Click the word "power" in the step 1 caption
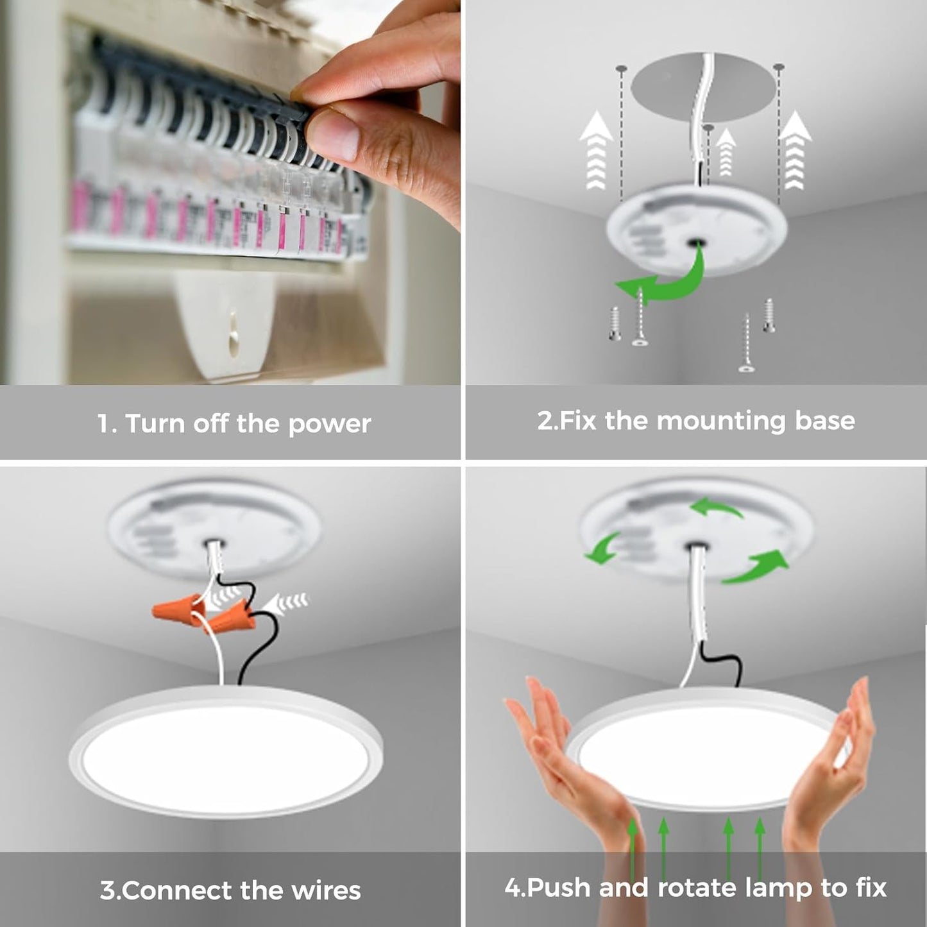pyautogui.click(x=329, y=425)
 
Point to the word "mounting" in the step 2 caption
pyautogui.click(x=721, y=421)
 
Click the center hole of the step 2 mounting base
pyautogui.click(x=695, y=242)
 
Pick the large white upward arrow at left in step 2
pyautogui.click(x=596, y=151)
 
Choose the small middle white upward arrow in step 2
pyautogui.click(x=726, y=152)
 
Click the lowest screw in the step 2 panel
pyautogui.click(x=745, y=343)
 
